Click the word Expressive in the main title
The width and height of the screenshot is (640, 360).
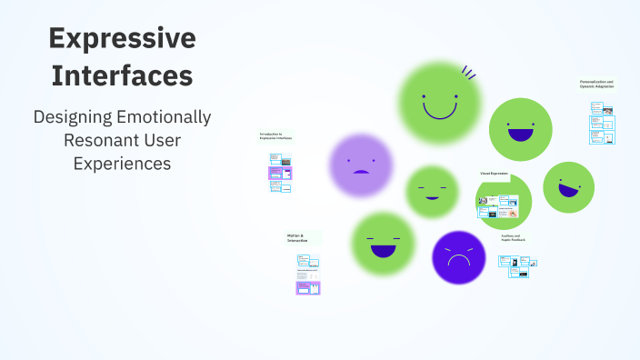click(122, 38)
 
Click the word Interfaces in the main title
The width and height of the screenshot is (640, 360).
click(122, 76)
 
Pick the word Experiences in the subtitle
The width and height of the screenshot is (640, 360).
click(122, 164)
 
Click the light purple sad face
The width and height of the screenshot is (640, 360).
click(361, 165)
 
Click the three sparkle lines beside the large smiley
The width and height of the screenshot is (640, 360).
click(469, 72)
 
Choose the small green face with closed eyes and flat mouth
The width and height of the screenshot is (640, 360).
click(431, 192)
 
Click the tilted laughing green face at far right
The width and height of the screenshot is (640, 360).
click(568, 186)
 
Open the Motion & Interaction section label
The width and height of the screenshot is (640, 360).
click(298, 238)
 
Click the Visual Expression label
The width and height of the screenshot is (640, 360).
click(494, 173)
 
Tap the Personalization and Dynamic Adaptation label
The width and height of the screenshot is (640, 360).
click(597, 84)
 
